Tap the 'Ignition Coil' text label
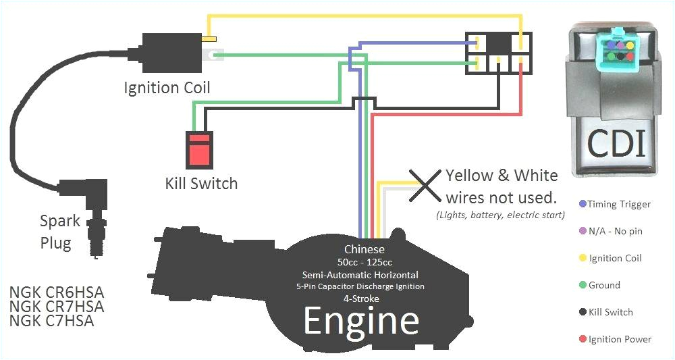(x=167, y=88)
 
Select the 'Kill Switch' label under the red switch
(x=201, y=183)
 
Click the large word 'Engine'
(x=361, y=321)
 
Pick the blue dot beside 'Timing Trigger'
(x=582, y=204)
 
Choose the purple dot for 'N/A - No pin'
(x=582, y=231)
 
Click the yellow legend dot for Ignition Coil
(x=582, y=258)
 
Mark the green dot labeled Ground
(x=582, y=285)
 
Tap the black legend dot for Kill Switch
(x=582, y=312)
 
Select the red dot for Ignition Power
(x=582, y=339)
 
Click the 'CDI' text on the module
(x=616, y=143)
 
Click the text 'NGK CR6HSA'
(x=57, y=293)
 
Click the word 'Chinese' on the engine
(x=364, y=249)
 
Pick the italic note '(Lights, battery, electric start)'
(x=500, y=215)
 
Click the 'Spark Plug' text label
(x=59, y=232)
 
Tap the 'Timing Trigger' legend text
(x=619, y=204)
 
